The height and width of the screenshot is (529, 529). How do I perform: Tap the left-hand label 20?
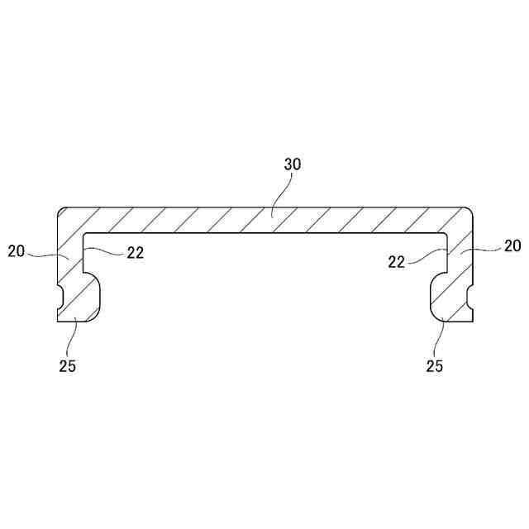[17, 250]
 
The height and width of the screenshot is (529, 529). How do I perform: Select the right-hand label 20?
[512, 245]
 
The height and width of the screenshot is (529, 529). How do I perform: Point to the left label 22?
[136, 254]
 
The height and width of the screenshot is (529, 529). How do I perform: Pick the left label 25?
[68, 366]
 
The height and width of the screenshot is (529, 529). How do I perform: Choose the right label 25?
[434, 366]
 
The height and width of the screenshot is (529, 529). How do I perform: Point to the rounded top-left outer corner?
[60, 211]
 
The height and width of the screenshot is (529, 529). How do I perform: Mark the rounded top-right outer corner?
[469, 211]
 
